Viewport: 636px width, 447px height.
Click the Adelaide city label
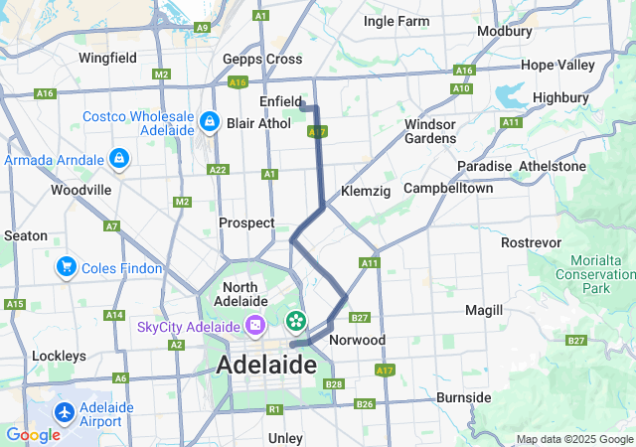tap(266, 366)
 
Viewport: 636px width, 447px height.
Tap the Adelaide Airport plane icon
tap(66, 410)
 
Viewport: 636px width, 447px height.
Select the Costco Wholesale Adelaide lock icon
tap(209, 122)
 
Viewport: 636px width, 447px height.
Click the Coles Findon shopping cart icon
tap(67, 265)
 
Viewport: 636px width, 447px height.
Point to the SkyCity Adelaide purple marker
tap(255, 325)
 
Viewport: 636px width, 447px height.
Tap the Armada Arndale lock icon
tap(118, 158)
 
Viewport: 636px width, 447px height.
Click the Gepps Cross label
tap(262, 60)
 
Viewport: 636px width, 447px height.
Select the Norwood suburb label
tap(357, 340)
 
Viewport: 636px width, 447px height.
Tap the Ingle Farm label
tap(397, 21)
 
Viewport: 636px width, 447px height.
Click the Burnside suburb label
tap(463, 397)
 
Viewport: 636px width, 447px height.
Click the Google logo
tap(33, 435)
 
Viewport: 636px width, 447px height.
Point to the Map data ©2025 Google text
tap(573, 439)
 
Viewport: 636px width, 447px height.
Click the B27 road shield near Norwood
tap(360, 318)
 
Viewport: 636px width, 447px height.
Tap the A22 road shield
tap(218, 170)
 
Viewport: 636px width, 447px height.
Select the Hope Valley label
tap(556, 65)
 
